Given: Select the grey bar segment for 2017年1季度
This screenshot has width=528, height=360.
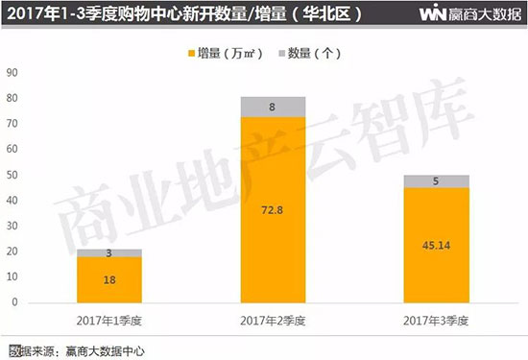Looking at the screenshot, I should coord(109,252).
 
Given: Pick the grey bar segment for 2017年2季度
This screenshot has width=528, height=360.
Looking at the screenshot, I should coord(273,107).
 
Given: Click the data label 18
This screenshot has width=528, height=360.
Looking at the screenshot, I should coord(109,278).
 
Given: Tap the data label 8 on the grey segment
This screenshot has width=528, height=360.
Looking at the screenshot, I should coord(274,108).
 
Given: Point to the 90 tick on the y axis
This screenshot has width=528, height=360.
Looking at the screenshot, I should coord(12,72).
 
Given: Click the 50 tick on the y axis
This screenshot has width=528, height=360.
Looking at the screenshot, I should coord(12,175).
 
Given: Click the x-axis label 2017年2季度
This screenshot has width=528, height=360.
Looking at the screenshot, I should coord(273,320).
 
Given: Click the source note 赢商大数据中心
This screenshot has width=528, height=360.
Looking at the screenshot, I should coord(106,349).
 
